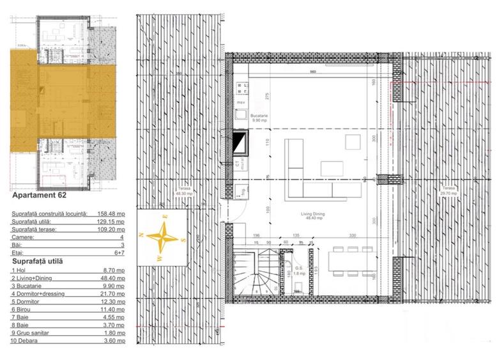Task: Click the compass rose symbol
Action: [x=163, y=237]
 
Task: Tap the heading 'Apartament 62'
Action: [x=39, y=197]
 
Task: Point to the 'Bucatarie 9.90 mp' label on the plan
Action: [x=258, y=118]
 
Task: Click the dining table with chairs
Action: [x=349, y=262]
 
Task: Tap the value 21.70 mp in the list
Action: [x=113, y=293]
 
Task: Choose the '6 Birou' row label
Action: [x=24, y=309]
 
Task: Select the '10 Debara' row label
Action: [x=27, y=341]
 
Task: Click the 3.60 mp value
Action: [x=114, y=341]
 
